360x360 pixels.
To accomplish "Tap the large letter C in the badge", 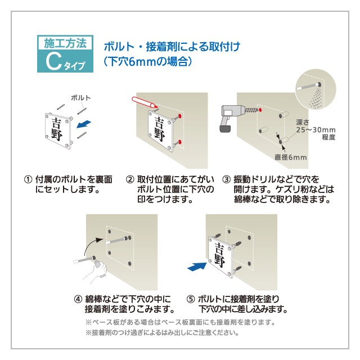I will coord(52,62).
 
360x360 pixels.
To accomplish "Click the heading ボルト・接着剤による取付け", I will coord(171,46).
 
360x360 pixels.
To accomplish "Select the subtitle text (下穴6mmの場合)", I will coord(148,62).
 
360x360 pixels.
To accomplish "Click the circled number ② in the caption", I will coord(130,179).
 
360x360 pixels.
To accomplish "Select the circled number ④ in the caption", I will coord(78,299).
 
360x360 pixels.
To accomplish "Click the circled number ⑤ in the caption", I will coord(191,299).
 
